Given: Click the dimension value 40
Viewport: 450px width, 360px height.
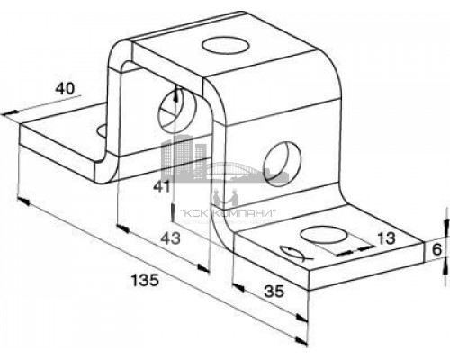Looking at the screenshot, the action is (65, 89).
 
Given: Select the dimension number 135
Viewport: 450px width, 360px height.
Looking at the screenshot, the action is (145, 280).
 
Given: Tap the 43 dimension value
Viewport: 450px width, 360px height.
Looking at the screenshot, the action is (171, 238).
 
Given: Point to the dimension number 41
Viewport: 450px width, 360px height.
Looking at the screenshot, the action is (162, 187).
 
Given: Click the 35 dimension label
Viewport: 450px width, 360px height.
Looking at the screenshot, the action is (274, 291).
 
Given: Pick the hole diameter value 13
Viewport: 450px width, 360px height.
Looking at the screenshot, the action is (386, 238).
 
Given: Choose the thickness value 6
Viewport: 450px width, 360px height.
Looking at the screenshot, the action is (437, 249).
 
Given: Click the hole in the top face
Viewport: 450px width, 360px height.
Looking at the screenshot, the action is (226, 46).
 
